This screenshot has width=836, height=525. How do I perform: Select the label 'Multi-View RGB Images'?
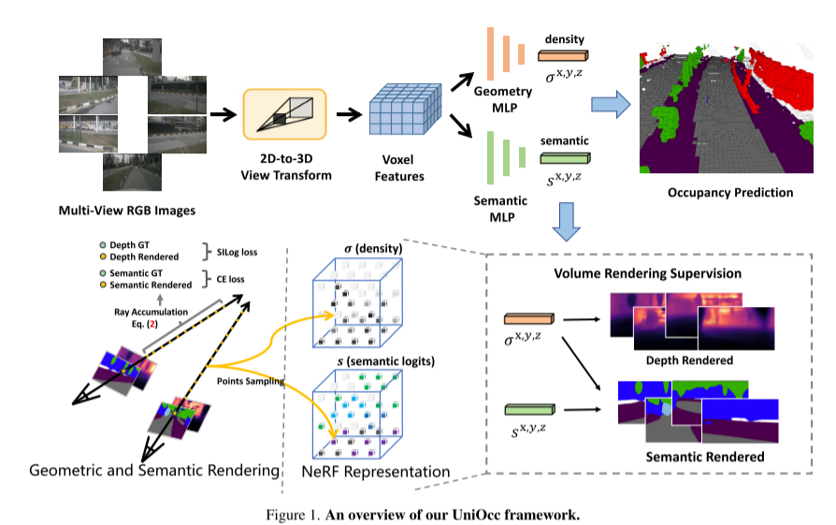pos(127,209)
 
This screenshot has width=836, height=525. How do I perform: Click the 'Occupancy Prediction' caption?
pos(730,193)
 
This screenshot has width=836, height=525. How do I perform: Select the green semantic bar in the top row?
pos(564,159)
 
